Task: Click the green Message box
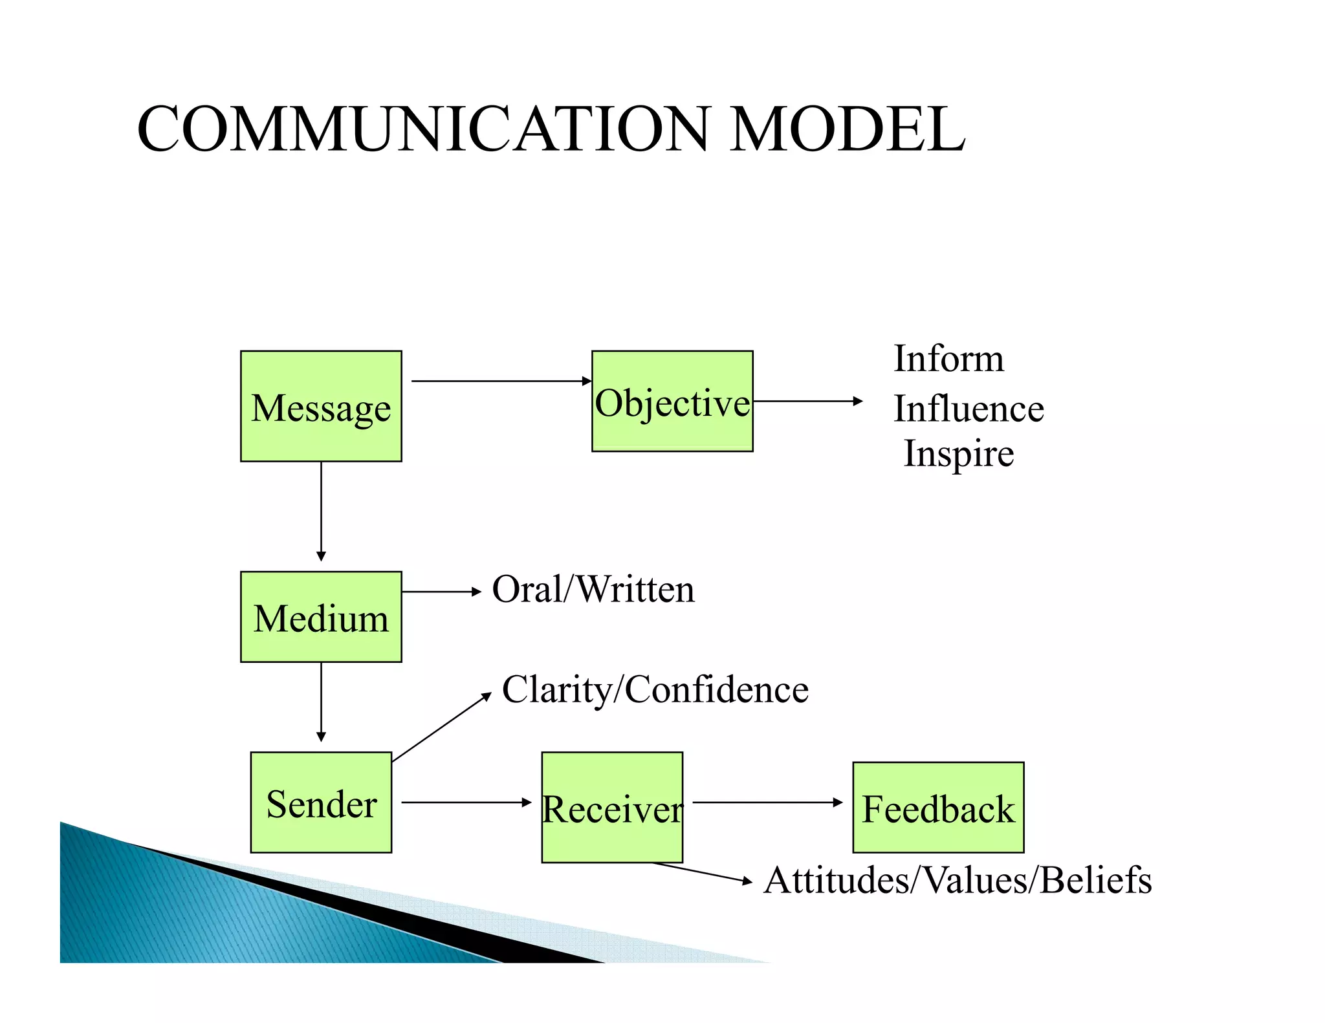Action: click(321, 406)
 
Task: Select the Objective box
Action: click(672, 401)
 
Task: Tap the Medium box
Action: click(321, 617)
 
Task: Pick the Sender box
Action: click(321, 802)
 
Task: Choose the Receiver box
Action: click(612, 807)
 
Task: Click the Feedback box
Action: click(938, 808)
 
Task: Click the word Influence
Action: click(969, 409)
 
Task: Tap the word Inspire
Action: click(959, 454)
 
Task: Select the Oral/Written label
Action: click(593, 590)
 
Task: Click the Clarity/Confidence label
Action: click(655, 689)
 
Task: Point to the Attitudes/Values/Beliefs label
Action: click(958, 880)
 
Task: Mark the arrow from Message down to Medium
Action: click(321, 511)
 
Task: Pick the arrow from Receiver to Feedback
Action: click(767, 802)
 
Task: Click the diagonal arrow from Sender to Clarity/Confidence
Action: click(441, 727)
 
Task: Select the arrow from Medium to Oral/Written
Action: click(441, 592)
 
